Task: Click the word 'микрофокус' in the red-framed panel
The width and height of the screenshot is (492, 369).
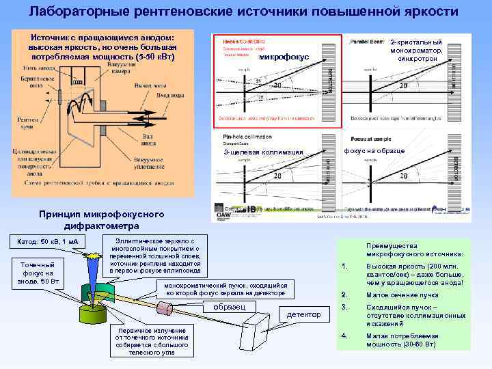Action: pyautogui.click(x=284, y=56)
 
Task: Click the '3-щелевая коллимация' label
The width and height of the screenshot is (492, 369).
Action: pyautogui.click(x=263, y=152)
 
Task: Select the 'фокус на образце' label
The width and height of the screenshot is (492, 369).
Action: pyautogui.click(x=374, y=150)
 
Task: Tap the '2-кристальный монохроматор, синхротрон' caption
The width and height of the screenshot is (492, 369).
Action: pyautogui.click(x=416, y=51)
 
